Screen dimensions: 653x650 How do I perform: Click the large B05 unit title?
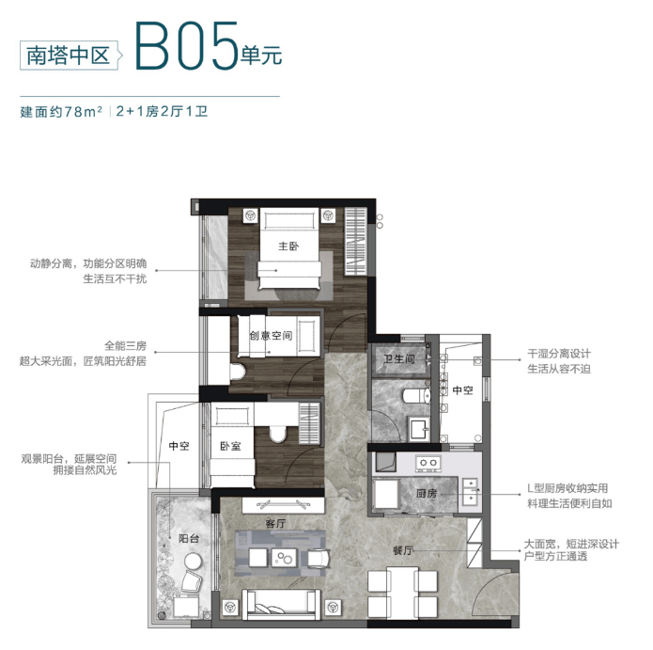187,46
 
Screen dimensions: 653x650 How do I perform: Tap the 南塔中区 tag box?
69,55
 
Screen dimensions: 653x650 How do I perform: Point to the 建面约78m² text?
61,112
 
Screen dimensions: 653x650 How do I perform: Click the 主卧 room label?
288,246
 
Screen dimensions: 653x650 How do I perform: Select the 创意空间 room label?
271,335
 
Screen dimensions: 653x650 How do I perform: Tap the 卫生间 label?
399,358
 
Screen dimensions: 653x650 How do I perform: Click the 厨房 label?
426,494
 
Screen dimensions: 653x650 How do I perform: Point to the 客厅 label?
275,523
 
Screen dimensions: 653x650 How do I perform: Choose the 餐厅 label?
403,550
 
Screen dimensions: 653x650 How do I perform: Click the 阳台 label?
189,538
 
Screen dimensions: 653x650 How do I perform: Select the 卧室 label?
230,446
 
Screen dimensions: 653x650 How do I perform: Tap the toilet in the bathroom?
416,396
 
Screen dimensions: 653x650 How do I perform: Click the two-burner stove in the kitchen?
428,463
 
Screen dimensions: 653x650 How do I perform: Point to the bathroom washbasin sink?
419,429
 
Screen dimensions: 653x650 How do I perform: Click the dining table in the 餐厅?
402,593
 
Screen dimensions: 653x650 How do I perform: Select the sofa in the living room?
282,604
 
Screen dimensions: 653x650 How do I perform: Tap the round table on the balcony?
194,562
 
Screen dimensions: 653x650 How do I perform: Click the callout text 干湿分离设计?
559,354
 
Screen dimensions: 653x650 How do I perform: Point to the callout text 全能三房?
125,345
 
